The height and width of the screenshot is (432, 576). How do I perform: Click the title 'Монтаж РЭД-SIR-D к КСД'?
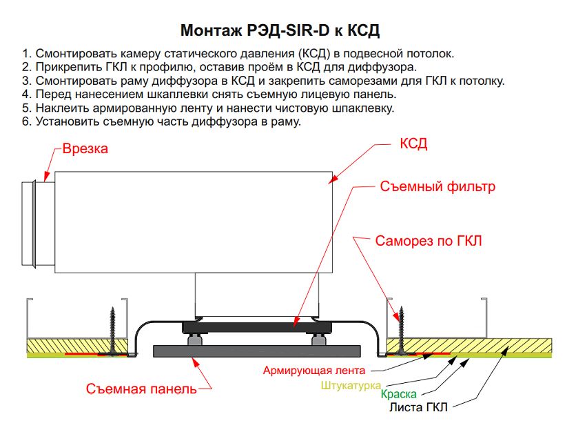click(280, 31)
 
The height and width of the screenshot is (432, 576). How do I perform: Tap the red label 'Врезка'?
click(85, 148)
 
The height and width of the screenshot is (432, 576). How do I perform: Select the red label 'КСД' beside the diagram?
click(413, 144)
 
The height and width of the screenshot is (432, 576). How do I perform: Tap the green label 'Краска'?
click(399, 395)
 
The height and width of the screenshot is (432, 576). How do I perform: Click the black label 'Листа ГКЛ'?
click(418, 407)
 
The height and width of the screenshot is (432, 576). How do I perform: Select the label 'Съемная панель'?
click(141, 389)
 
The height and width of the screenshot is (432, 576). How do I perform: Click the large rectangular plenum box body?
click(194, 222)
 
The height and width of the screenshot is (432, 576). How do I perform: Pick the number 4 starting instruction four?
click(25, 95)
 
